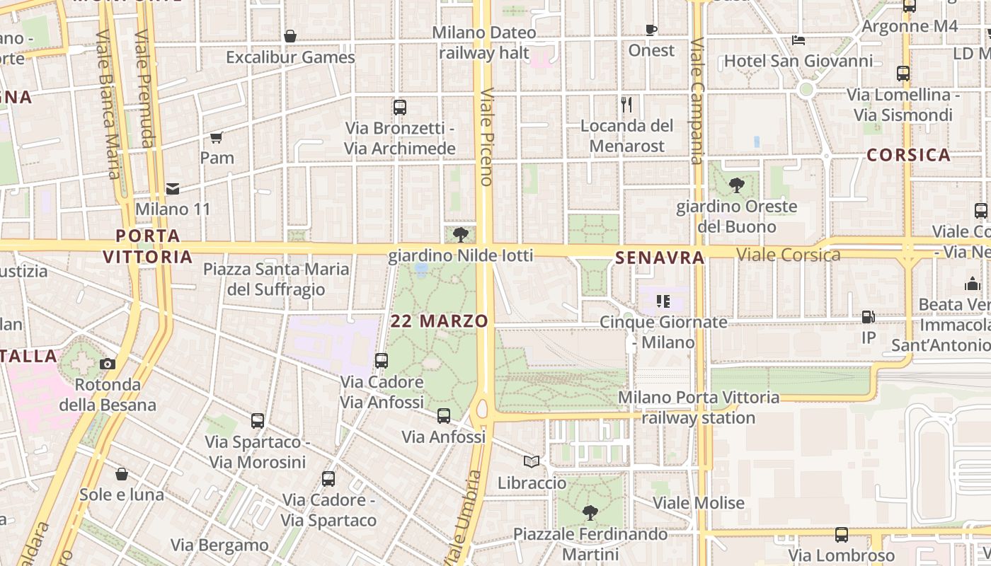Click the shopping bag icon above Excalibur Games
290,36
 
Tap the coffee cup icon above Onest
651,30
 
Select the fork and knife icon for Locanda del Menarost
626,105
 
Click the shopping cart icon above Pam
217,137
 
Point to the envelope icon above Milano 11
173,189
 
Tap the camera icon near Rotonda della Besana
108,364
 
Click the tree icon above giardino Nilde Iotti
461,233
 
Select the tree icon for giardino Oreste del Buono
736,185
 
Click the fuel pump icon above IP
869,318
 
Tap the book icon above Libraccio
532,461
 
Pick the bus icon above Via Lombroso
841,535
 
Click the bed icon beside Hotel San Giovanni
798,40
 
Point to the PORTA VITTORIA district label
148,246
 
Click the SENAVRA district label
660,258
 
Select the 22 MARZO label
440,321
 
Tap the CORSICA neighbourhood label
908,155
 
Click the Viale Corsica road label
788,255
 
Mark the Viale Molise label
699,503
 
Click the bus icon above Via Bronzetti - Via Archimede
400,108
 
